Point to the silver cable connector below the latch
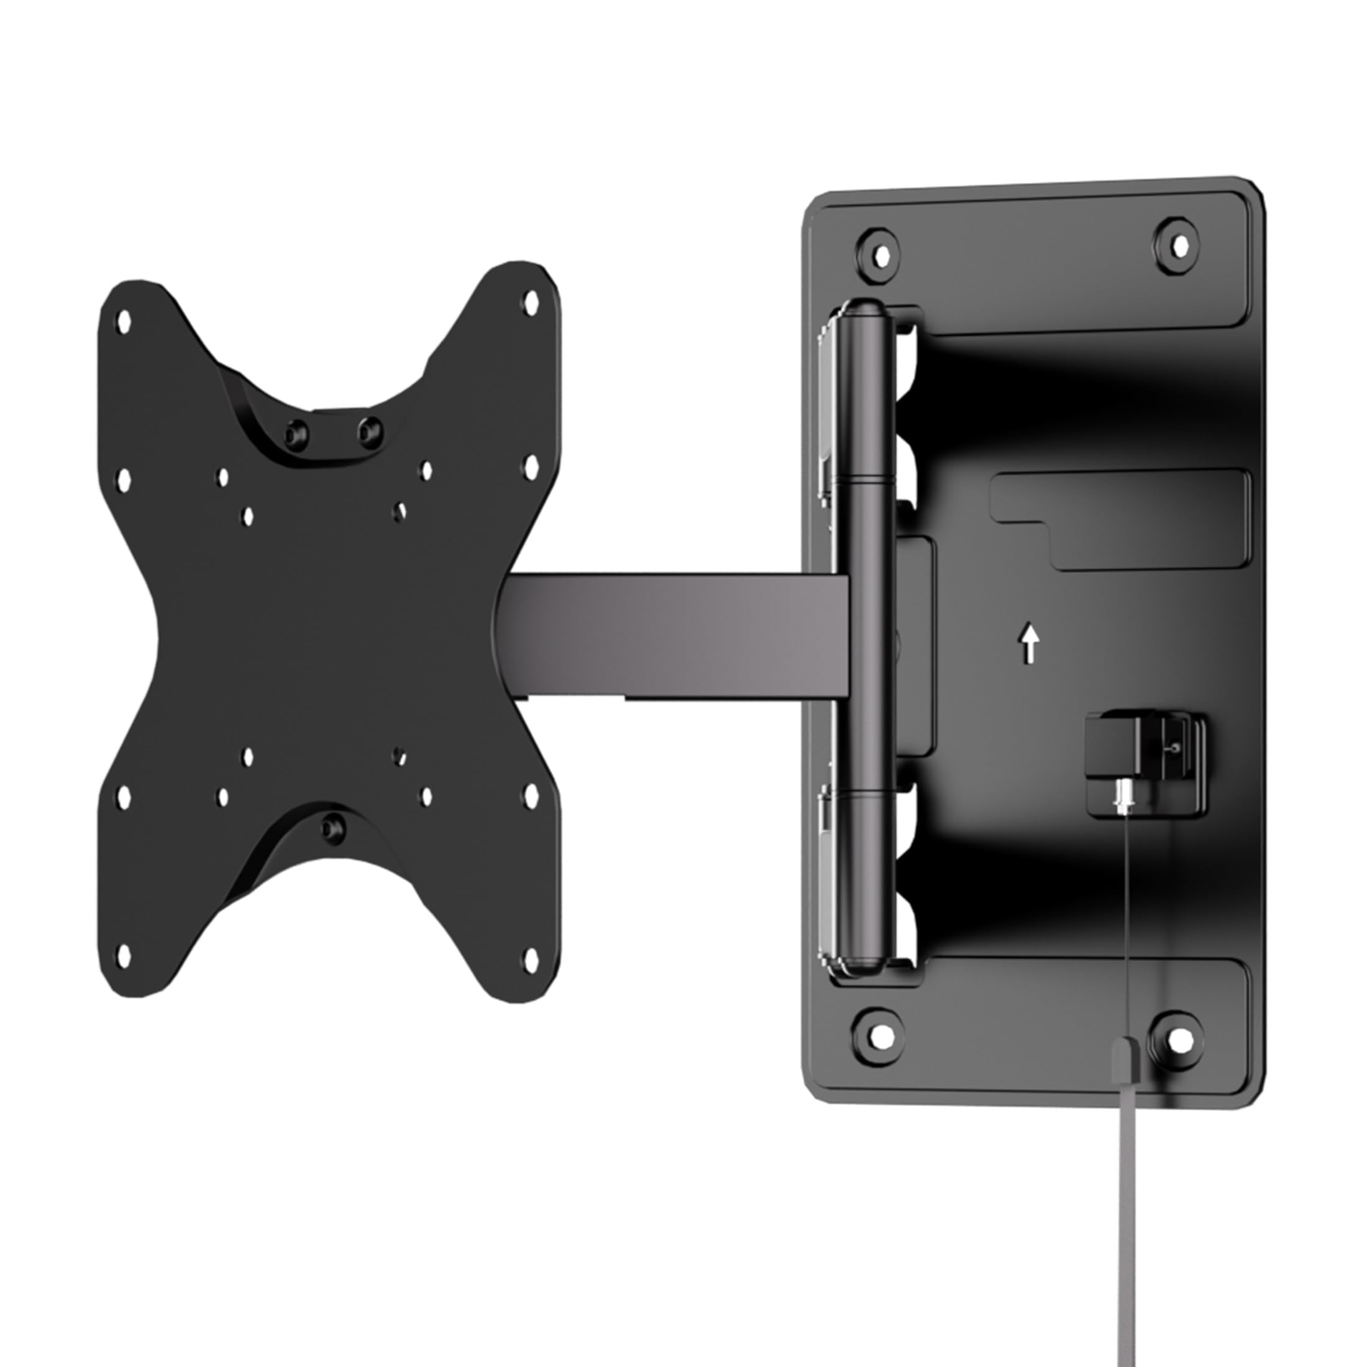1123,796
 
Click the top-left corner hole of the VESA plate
124,322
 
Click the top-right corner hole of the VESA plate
530,303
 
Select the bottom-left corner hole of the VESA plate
123,958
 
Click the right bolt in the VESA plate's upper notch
368,428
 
